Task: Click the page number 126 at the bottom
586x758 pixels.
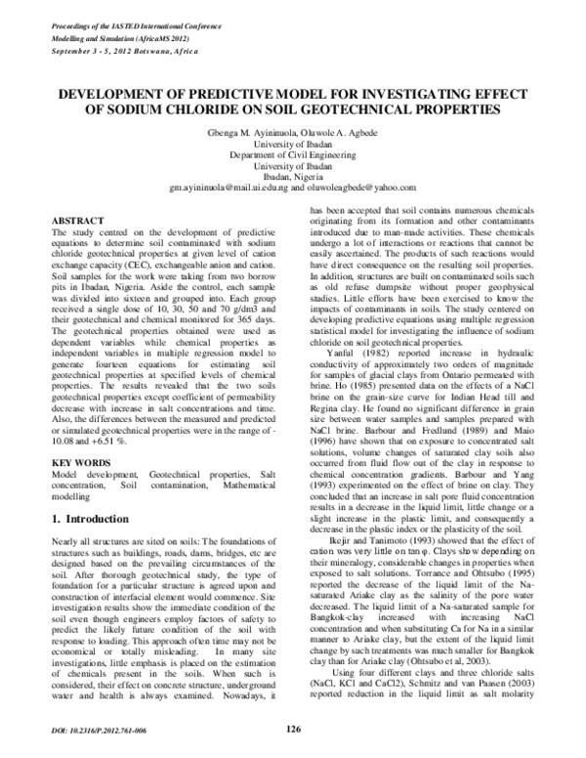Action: point(293,729)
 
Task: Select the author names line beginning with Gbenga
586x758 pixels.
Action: point(292,131)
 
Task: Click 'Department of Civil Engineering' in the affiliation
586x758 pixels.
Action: point(292,152)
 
